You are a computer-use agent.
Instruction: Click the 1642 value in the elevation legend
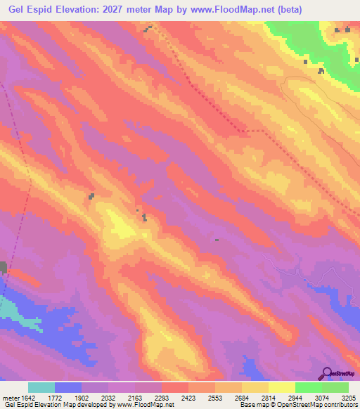coord(27,398)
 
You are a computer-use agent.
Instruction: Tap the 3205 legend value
coord(349,398)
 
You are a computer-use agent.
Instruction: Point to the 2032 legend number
coord(108,398)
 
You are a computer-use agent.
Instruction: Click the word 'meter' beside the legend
coord(10,398)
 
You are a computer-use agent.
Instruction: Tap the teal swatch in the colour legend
coord(41,387)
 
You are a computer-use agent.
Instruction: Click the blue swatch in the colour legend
coord(67,387)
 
